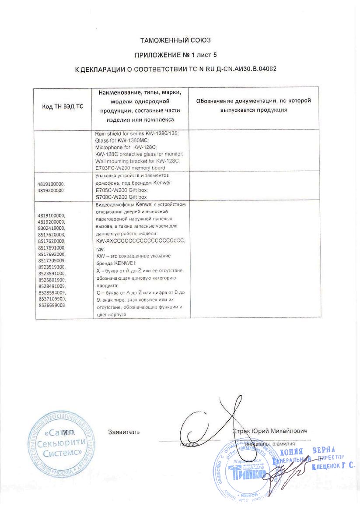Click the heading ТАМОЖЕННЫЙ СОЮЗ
(x=175, y=41)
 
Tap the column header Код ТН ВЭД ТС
(x=62, y=107)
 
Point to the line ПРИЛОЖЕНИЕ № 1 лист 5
(x=175, y=55)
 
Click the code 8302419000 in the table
(x=52, y=228)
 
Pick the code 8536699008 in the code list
(x=52, y=305)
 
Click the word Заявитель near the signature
(x=124, y=432)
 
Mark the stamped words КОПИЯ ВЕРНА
(x=308, y=451)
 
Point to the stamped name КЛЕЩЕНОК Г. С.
(x=333, y=467)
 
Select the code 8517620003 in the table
(x=52, y=234)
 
